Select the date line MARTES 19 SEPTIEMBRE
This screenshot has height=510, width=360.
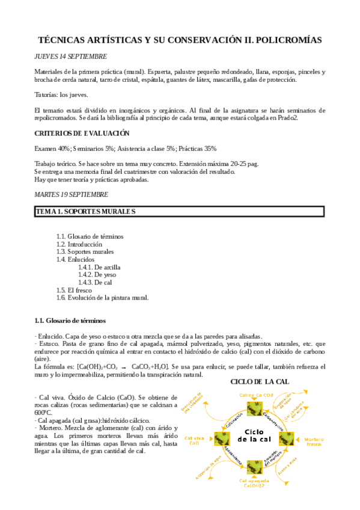coord(72,194)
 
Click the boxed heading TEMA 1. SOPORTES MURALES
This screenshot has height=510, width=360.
coord(85,211)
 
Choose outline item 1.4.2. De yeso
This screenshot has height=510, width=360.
coord(96,274)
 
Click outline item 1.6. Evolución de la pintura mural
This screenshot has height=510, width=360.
coord(102,297)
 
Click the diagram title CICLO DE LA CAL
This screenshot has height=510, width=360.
coord(260,382)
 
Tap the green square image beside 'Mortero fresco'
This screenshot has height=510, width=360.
coord(286,440)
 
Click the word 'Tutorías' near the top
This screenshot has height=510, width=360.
coord(47,95)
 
